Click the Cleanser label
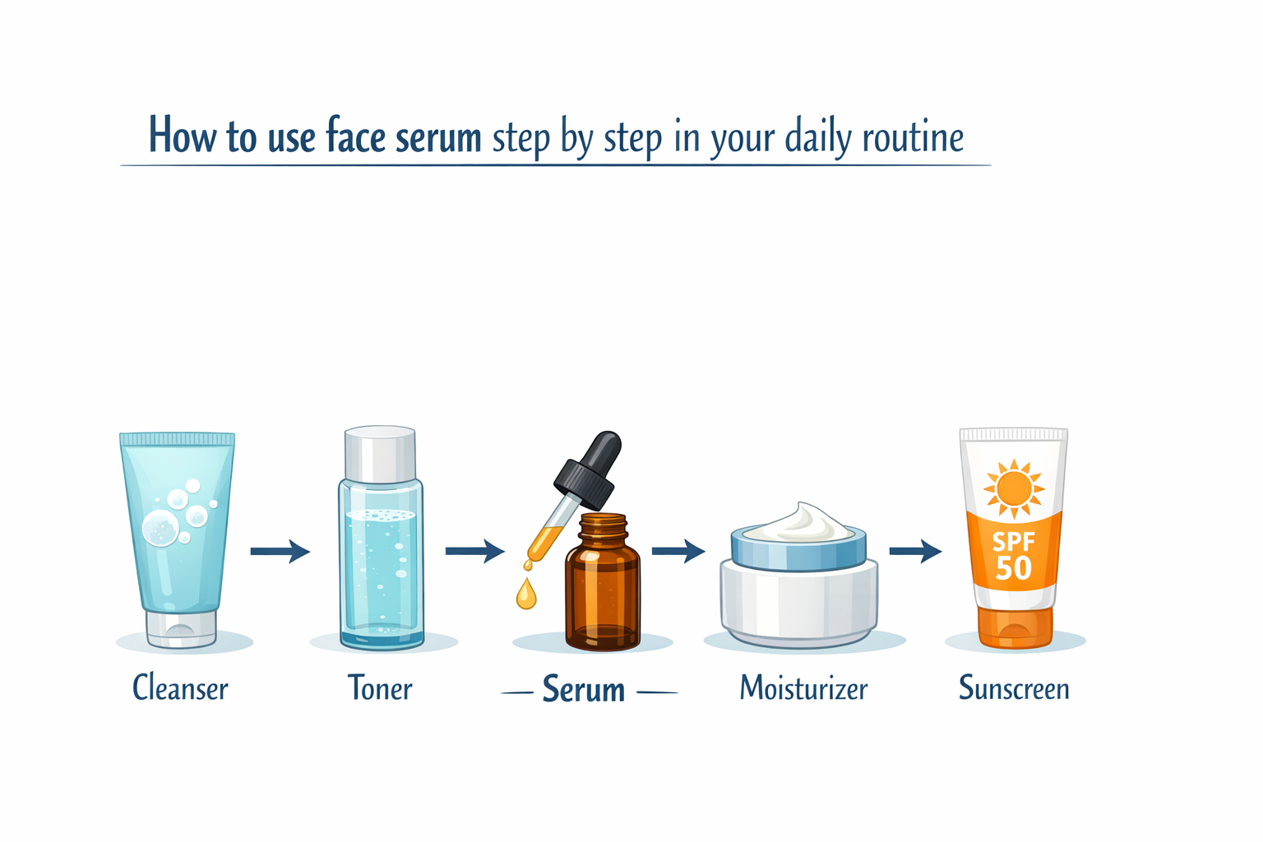point(180,688)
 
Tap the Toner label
point(380,688)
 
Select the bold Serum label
point(584,690)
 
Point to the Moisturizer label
point(803,688)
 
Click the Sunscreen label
point(1014,688)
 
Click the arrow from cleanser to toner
point(280,551)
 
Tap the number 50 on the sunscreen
point(1013,568)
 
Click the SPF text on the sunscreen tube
point(1013,542)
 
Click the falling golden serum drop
point(525,594)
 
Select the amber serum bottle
point(603,588)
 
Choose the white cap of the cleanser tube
point(181,628)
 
